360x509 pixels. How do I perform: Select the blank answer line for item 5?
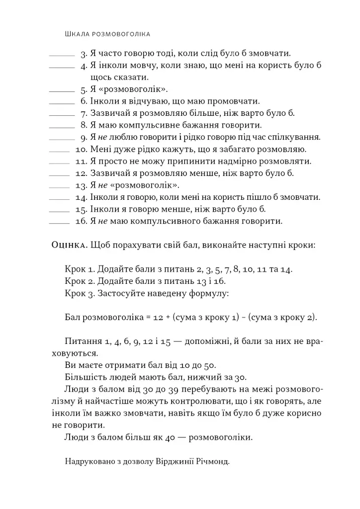[x=62, y=91]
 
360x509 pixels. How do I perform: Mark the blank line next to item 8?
[x=62, y=127]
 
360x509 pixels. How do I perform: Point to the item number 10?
[x=82, y=149]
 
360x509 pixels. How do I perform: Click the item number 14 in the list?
[x=82, y=197]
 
